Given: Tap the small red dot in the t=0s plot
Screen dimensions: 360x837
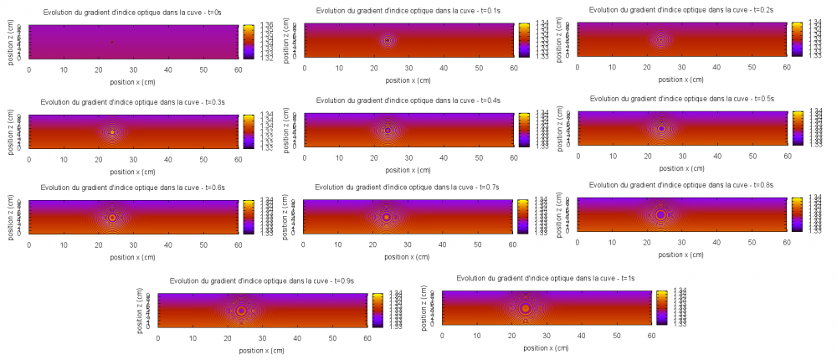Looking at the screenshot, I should (112, 42).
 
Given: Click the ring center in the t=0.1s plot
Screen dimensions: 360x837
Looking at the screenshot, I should (388, 40).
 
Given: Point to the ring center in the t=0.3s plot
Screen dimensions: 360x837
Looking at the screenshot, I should (112, 131).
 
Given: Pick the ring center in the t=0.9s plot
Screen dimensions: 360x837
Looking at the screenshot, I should (241, 311).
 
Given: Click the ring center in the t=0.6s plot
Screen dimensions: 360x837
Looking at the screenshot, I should (112, 217).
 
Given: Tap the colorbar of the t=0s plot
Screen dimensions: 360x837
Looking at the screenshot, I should (248, 42).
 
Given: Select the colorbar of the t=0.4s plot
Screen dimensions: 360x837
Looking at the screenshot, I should (522, 130).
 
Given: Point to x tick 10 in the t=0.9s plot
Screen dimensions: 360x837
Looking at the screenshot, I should (193, 337).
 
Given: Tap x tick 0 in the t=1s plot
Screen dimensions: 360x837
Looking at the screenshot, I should (442, 334).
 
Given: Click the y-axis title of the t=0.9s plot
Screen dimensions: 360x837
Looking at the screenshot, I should (139, 311).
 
